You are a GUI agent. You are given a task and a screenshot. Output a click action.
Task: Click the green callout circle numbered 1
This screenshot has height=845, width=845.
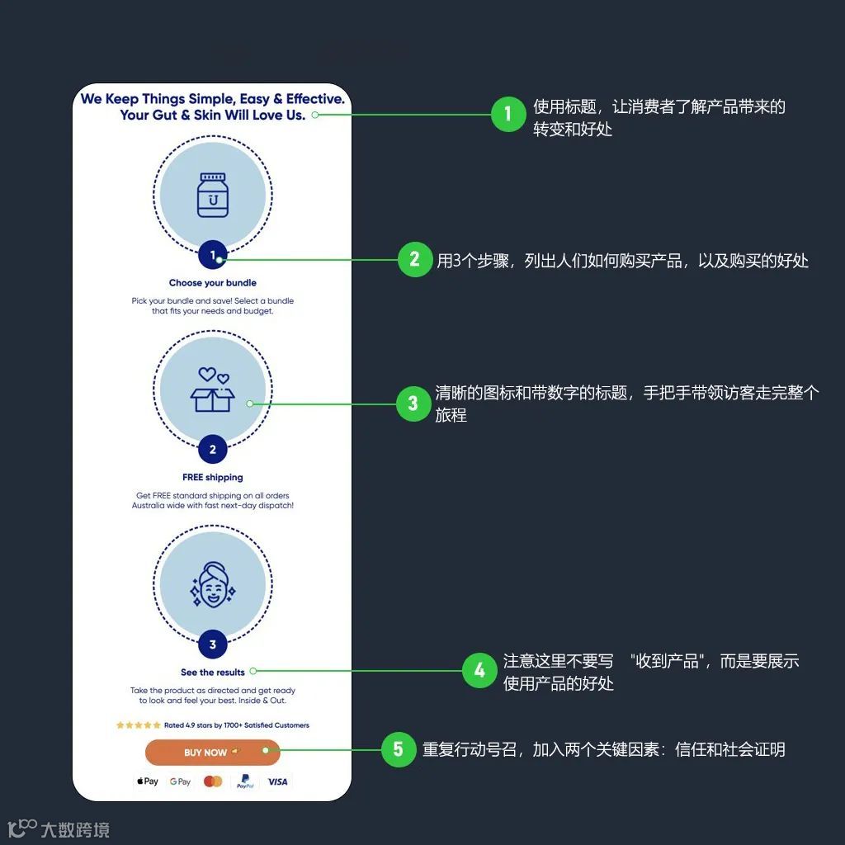coord(507,115)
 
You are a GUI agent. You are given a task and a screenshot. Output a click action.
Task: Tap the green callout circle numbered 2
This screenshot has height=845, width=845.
coord(414,260)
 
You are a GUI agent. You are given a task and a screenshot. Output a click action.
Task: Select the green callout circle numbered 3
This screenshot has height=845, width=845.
coord(413,404)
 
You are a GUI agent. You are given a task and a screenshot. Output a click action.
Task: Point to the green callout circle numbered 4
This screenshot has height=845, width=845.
coord(479,671)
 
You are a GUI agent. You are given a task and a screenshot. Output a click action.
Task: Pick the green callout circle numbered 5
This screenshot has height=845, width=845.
coord(399,749)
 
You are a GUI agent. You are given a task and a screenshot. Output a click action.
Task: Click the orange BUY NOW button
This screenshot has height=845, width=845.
coord(212,752)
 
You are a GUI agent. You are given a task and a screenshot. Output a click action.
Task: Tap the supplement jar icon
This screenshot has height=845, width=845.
coord(213,195)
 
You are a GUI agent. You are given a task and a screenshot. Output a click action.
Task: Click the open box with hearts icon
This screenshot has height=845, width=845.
coord(213,389)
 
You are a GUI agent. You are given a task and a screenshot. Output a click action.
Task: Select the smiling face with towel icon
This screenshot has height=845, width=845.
coord(212,584)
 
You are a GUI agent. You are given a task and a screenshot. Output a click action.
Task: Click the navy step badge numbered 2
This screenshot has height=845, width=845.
coord(213,450)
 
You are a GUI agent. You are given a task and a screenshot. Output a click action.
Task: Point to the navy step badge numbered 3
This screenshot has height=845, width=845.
coord(213,644)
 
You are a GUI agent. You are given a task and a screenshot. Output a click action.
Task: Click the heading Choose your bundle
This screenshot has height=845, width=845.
coord(213,283)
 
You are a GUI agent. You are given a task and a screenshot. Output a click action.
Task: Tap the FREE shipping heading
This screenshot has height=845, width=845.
coord(213,477)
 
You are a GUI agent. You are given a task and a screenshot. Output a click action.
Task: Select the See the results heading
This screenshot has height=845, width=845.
coord(213,673)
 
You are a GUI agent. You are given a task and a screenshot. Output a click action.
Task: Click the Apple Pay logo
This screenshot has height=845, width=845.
coord(148,781)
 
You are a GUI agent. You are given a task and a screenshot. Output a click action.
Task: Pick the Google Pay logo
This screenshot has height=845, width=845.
coord(180,781)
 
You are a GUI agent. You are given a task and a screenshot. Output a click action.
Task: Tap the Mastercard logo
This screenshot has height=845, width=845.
coord(213,781)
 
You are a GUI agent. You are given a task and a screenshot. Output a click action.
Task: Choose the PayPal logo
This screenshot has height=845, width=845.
coord(245,781)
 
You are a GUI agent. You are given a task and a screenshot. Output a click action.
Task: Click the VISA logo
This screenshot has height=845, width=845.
coord(278,781)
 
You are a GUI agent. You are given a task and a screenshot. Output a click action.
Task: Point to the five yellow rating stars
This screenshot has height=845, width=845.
coord(139,725)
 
